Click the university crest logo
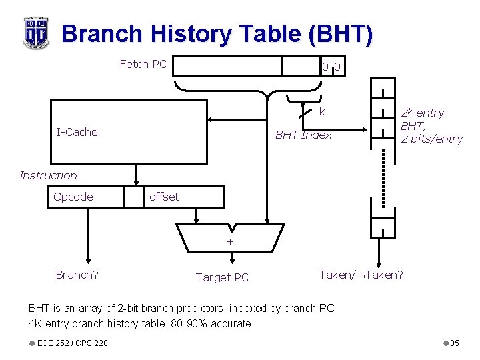click(x=35, y=33)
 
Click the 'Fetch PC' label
click(x=143, y=64)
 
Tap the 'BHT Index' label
click(x=303, y=135)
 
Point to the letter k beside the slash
click(x=322, y=111)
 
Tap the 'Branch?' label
click(x=77, y=275)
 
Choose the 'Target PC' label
click(x=222, y=277)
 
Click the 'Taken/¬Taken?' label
click(x=361, y=275)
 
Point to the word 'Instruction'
click(x=48, y=175)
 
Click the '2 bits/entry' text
click(x=431, y=139)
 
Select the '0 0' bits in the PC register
click(x=331, y=66)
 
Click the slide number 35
click(x=455, y=343)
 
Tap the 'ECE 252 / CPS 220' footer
click(x=73, y=343)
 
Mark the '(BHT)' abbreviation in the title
click(x=339, y=33)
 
